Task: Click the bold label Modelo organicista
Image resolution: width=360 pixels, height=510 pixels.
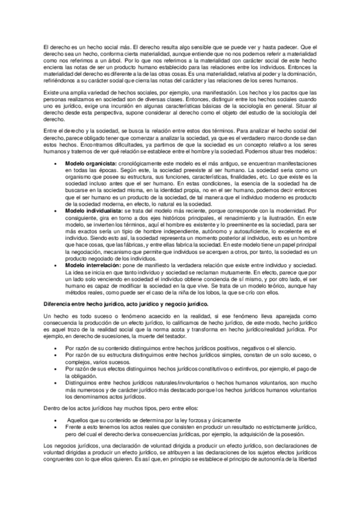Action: [91, 163]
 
